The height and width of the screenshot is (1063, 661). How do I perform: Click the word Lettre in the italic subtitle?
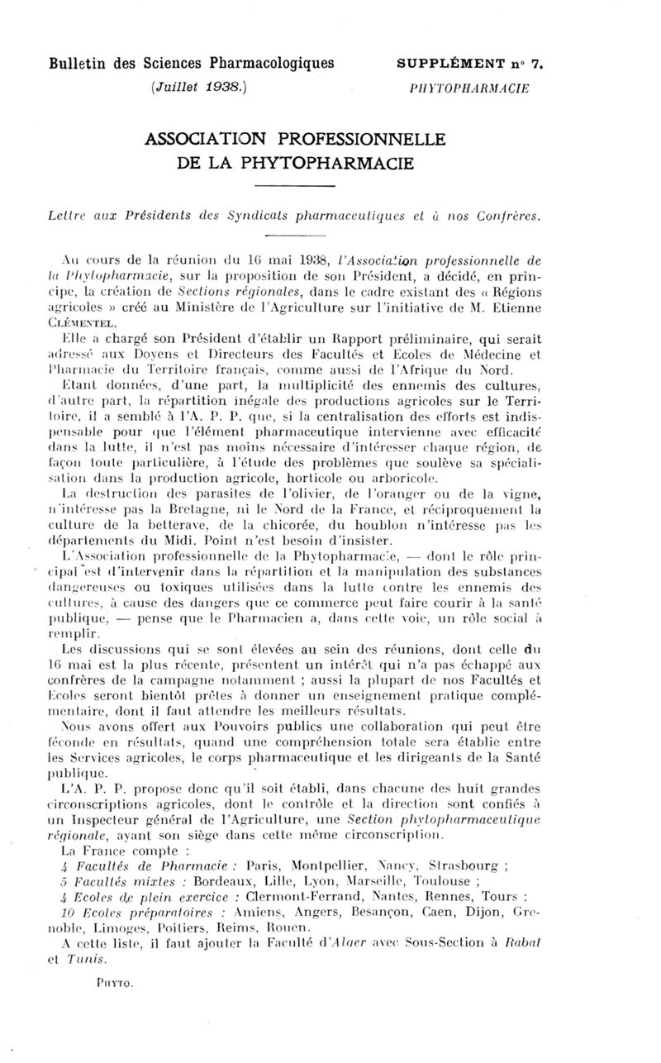click(69, 217)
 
